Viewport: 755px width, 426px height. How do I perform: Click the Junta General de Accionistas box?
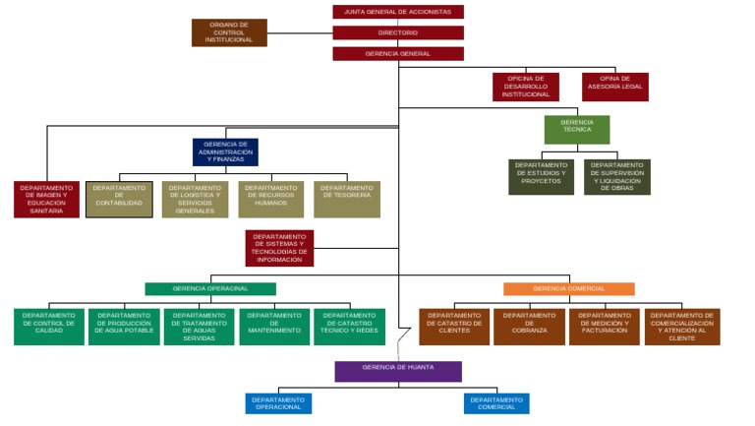click(397, 12)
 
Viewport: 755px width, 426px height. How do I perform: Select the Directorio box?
click(397, 32)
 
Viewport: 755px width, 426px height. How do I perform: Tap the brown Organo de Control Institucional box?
click(229, 32)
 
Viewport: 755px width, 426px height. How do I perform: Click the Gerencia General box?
click(397, 53)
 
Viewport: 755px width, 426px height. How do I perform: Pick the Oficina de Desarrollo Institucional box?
click(525, 87)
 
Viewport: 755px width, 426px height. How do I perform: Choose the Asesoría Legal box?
click(614, 87)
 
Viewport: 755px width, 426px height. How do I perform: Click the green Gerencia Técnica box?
click(577, 129)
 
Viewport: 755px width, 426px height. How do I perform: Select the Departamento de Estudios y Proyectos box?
click(541, 177)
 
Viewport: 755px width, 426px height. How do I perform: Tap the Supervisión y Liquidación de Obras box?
click(616, 177)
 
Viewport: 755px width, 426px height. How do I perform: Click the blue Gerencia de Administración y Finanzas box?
click(225, 152)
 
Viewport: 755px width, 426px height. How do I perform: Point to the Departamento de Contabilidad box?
click(119, 199)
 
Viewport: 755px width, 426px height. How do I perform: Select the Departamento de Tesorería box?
click(346, 199)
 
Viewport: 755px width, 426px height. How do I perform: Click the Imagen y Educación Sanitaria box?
click(46, 199)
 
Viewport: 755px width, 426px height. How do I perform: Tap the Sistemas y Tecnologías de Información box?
click(279, 248)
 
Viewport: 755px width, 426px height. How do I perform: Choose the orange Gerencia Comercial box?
click(568, 288)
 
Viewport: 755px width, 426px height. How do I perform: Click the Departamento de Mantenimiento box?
click(273, 327)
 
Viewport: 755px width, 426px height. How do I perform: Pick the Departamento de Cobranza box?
click(529, 327)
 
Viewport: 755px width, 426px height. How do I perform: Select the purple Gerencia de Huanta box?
click(397, 371)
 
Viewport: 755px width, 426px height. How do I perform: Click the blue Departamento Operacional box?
click(278, 403)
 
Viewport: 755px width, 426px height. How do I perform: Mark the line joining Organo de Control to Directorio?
click(300, 32)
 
